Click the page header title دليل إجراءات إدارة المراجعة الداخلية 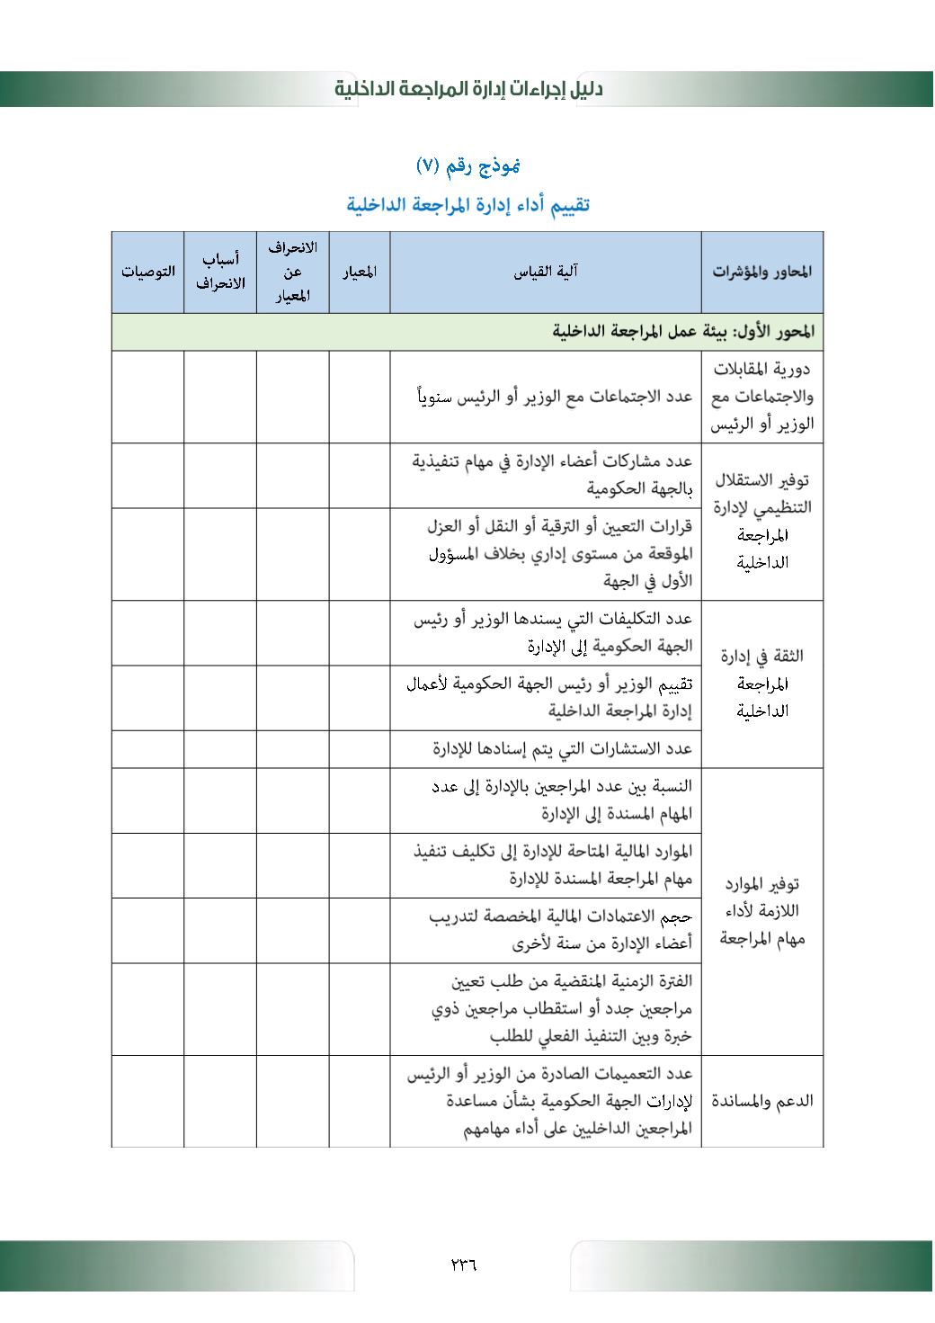point(468,89)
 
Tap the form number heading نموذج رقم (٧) point(468,165)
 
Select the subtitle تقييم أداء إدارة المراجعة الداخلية point(468,204)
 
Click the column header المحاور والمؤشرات point(761,272)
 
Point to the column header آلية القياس point(546,272)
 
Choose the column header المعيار point(360,272)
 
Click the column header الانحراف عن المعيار point(292,272)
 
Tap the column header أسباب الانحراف point(220,272)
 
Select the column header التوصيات point(148,272)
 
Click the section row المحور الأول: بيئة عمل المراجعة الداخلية point(683,332)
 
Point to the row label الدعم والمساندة point(761,1101)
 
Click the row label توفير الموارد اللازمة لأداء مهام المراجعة point(761,911)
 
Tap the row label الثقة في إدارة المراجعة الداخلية point(761,684)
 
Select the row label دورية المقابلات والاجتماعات point(761,396)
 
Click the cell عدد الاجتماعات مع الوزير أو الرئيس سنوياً point(554,397)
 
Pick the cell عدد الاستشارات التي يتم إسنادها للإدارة point(562,748)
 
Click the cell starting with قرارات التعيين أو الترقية point(557,553)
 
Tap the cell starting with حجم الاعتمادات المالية point(559,930)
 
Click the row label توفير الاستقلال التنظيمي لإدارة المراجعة point(761,521)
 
